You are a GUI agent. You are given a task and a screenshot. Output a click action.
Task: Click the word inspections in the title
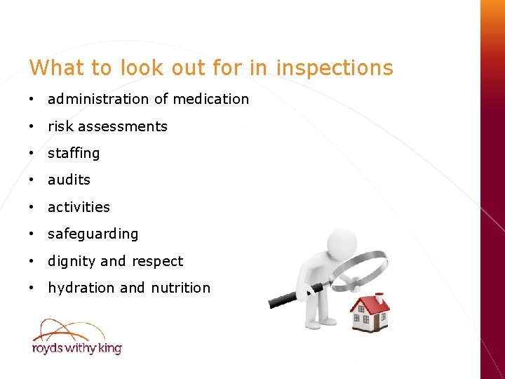(x=335, y=69)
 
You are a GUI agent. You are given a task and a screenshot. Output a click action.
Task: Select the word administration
(x=98, y=99)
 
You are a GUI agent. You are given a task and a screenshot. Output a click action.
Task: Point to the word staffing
(x=74, y=153)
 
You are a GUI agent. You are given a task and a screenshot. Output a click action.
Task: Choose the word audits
(x=69, y=180)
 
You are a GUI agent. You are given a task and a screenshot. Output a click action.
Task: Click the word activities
(x=79, y=207)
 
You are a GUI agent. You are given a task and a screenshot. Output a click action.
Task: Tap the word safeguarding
(x=93, y=234)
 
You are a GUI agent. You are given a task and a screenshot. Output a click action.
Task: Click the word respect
(x=156, y=261)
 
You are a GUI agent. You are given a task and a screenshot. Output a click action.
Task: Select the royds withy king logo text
(x=76, y=347)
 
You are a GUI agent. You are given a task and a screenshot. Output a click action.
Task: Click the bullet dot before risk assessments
(x=32, y=126)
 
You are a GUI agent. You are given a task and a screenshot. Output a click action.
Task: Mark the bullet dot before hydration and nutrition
(x=32, y=288)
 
